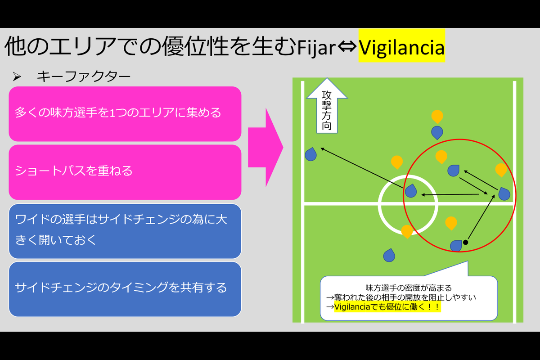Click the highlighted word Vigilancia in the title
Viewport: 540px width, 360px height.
401,47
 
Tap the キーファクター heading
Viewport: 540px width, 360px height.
83,76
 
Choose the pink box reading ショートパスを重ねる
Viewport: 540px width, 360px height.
125,171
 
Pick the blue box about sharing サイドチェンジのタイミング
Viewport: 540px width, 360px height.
125,288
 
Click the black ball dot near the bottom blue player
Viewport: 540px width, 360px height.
466,243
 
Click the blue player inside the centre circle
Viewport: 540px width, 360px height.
411,191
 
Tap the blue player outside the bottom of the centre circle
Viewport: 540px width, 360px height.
389,256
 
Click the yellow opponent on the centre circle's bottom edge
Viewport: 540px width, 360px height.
407,231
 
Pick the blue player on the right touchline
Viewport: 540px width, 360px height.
504,194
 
